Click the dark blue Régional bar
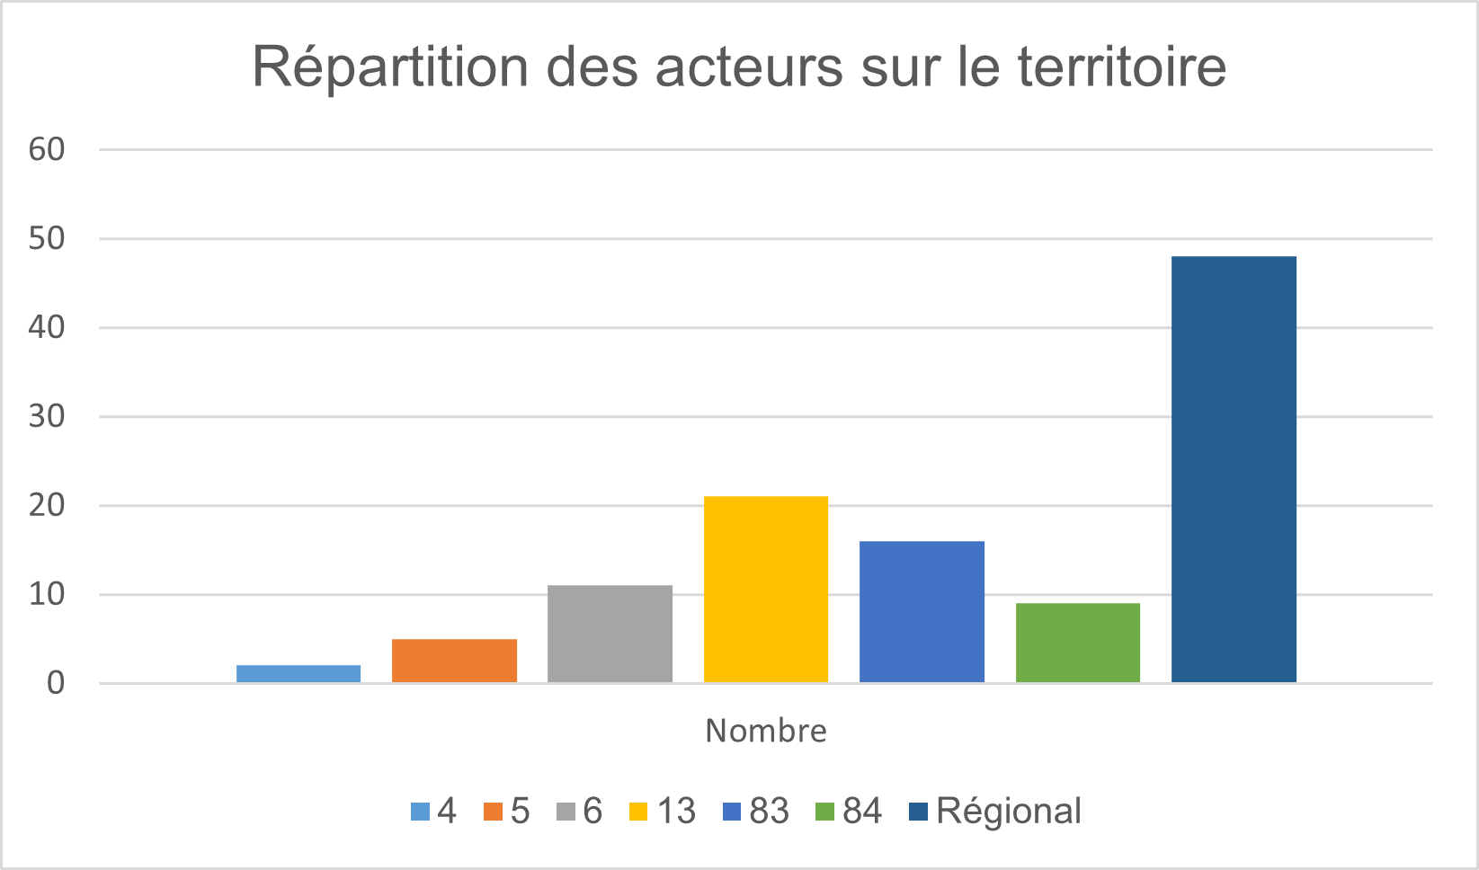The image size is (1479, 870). (1234, 469)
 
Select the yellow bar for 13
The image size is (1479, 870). (766, 589)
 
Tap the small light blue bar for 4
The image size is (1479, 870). (298, 673)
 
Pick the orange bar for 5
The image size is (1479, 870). (454, 661)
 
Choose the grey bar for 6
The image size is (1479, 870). (610, 634)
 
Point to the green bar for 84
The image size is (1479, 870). (1078, 643)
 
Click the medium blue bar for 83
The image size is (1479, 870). (922, 611)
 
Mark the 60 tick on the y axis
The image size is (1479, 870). (47, 149)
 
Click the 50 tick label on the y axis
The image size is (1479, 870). (47, 238)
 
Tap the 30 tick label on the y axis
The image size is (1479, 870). (47, 416)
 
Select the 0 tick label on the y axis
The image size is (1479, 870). (56, 683)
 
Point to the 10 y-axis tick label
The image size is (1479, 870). (47, 594)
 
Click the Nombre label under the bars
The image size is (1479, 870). (766, 731)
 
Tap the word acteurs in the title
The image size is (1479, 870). (750, 67)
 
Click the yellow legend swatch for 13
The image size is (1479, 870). (637, 812)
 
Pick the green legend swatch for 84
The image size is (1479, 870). (824, 812)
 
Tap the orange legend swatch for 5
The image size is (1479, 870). (493, 812)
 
